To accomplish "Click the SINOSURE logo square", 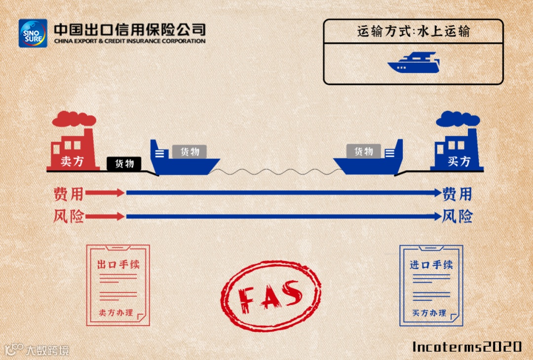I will [x=33, y=33].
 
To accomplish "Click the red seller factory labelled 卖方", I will [x=72, y=150].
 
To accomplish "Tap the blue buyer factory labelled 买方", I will [x=458, y=150].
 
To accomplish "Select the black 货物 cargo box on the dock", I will [x=124, y=163].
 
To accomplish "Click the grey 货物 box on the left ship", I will [x=190, y=151].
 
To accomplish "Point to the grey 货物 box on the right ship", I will [x=364, y=151].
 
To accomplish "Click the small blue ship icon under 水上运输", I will [x=413, y=63].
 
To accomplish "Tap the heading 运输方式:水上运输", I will [x=414, y=32].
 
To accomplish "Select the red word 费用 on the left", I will [x=68, y=194].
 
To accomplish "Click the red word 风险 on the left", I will [x=68, y=216].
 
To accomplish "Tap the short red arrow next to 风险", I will [x=105, y=216].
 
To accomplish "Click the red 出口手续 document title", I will [x=118, y=264].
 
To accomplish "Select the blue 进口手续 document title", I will [x=431, y=264].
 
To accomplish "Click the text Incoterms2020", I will [x=467, y=347].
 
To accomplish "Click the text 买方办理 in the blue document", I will [x=429, y=313].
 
